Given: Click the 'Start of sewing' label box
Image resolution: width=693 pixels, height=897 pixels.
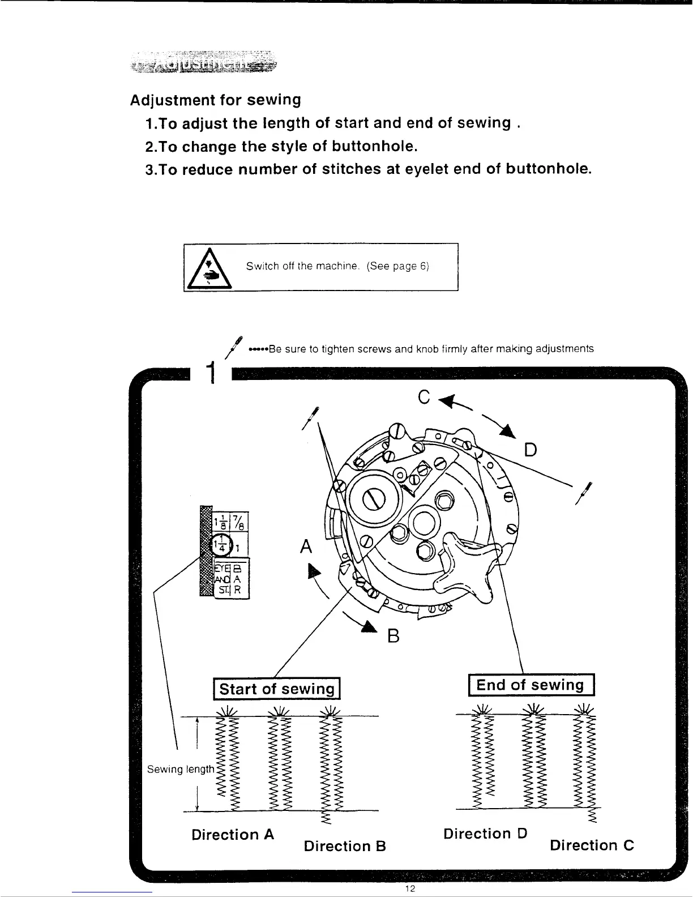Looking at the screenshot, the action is click(276, 689).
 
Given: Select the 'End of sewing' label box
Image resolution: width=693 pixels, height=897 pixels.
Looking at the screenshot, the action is click(530, 685).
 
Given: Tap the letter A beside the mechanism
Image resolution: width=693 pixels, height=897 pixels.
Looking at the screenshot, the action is click(306, 546).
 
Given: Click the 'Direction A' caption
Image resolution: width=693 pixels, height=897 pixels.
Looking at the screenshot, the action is click(233, 834).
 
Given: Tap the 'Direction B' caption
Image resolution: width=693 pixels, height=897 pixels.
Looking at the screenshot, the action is click(344, 846).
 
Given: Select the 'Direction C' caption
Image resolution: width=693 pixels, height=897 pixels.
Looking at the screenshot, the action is click(591, 845).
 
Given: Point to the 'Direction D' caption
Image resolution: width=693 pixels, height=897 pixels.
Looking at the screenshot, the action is click(485, 834).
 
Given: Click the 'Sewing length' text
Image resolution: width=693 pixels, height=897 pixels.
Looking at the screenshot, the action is click(180, 769).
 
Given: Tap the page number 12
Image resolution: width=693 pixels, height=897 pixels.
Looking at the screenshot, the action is click(411, 889).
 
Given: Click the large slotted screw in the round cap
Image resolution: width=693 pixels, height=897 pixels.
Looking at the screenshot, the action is click(378, 499).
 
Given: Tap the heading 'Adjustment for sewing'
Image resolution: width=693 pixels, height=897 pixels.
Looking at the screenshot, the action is click(215, 100).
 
